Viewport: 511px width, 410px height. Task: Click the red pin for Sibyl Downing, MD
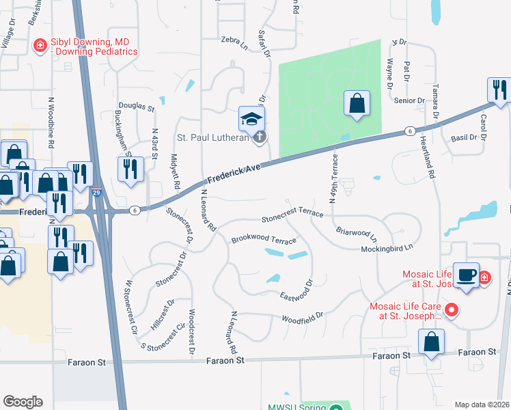(40, 46)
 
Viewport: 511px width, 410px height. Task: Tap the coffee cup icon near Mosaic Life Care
(466, 275)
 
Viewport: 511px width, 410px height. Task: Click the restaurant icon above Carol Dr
(499, 89)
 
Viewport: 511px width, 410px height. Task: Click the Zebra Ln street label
(234, 40)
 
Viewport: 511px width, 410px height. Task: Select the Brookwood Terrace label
(264, 240)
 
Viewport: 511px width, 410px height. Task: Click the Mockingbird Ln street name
(388, 248)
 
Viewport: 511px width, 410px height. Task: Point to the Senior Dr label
(410, 100)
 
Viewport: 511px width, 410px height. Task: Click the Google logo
(23, 402)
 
